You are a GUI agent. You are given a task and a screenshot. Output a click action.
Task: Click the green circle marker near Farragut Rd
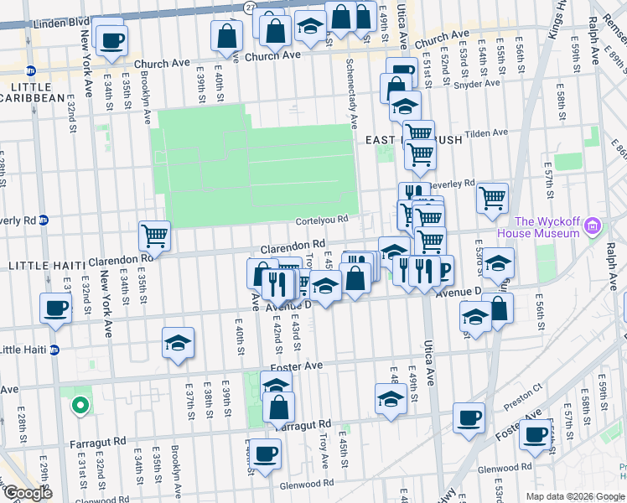80,406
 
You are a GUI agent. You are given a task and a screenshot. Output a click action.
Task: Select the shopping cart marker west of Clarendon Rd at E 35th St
155,236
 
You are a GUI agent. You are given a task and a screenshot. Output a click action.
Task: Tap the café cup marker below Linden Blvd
111,39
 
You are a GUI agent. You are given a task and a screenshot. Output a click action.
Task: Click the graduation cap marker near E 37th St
178,342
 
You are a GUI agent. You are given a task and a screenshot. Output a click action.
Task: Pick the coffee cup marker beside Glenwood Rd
266,454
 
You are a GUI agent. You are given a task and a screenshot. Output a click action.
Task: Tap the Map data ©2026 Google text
575,496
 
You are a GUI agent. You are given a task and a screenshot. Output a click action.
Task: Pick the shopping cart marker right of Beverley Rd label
492,199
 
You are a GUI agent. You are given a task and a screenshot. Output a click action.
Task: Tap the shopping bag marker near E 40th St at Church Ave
226,36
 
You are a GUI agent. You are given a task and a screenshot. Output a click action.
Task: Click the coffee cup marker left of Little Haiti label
56,308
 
